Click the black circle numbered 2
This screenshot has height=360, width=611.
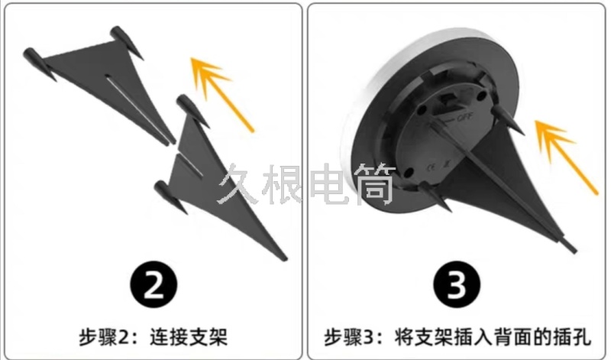pos(154,284)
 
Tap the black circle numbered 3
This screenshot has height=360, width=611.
pos(457,284)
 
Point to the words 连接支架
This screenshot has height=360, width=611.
pos(189,337)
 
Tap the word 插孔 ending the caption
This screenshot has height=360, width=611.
pos(572,337)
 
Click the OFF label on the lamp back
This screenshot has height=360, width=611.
pos(465,116)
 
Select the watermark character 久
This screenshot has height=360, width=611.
pos(238,184)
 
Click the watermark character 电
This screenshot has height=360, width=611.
pos(328,184)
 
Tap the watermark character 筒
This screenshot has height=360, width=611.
pos(374,184)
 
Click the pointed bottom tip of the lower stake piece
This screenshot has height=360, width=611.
pos(285,258)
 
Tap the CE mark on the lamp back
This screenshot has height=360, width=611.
pos(432,167)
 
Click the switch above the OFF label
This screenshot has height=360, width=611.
pos(448,99)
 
